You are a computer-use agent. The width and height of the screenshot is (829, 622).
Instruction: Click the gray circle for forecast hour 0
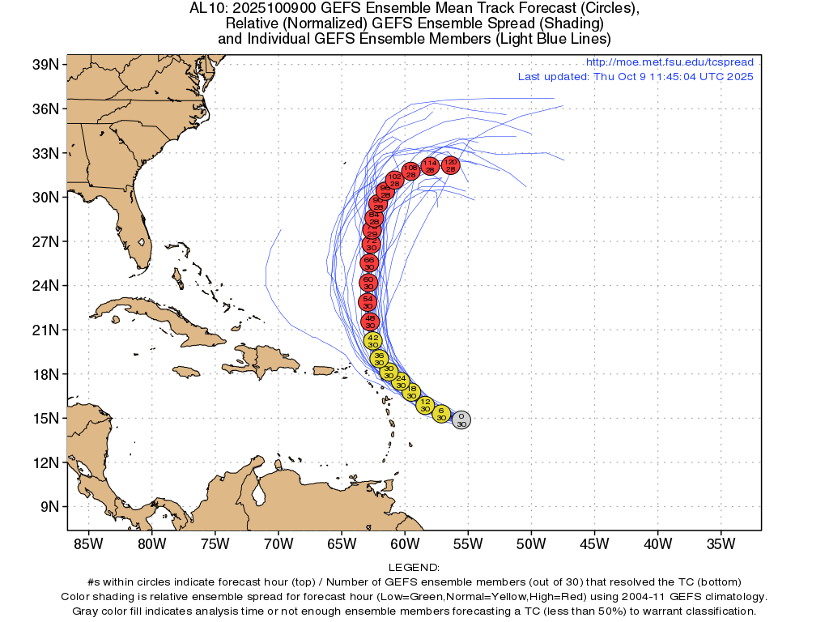(461, 420)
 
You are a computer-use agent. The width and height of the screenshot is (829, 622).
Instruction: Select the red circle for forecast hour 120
(450, 165)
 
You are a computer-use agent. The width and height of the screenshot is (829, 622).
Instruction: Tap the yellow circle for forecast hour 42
(372, 341)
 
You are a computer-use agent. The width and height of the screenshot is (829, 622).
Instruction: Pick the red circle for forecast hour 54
(368, 302)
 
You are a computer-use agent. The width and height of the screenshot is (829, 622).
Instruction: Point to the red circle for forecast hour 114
(431, 166)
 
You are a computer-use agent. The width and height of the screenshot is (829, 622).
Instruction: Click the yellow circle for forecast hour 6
(441, 414)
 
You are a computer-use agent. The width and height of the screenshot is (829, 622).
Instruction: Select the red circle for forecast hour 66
(369, 262)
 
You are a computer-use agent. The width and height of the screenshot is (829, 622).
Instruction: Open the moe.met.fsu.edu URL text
(669, 62)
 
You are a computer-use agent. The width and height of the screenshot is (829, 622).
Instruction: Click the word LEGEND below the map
(414, 567)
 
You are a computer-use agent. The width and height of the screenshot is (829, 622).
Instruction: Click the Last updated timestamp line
(636, 76)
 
